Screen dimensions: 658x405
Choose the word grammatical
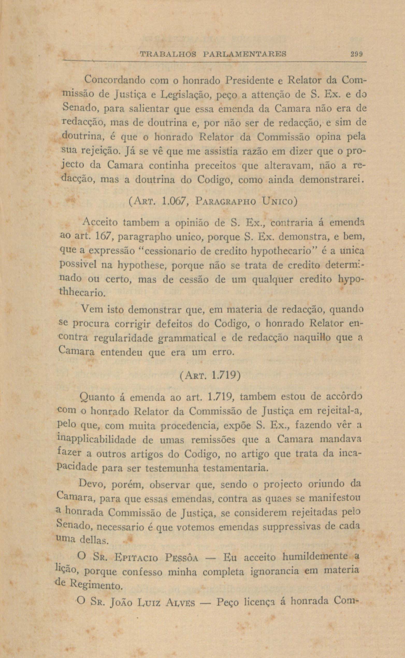187,338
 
